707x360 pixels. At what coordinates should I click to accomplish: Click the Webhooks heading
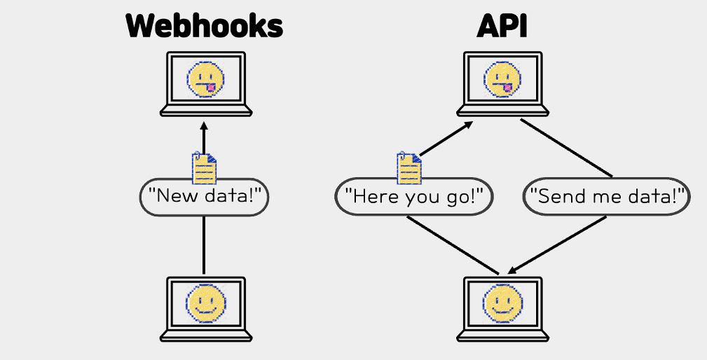click(205, 27)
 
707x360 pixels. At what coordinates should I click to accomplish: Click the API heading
click(502, 27)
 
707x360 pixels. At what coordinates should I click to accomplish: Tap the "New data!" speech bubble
click(205, 197)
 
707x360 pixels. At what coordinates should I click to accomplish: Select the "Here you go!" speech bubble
click(415, 197)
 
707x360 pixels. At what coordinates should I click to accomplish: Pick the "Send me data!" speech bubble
click(607, 197)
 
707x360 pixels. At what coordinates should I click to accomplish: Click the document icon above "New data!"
click(204, 168)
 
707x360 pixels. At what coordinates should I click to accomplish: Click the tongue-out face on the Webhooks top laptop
click(205, 78)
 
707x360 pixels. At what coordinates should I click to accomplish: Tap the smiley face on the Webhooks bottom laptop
click(205, 304)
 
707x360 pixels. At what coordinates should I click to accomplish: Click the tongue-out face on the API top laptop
click(502, 78)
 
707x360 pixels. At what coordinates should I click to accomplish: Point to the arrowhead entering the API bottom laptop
click(512, 271)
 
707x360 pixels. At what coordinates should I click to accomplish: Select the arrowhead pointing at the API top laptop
click(468, 125)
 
